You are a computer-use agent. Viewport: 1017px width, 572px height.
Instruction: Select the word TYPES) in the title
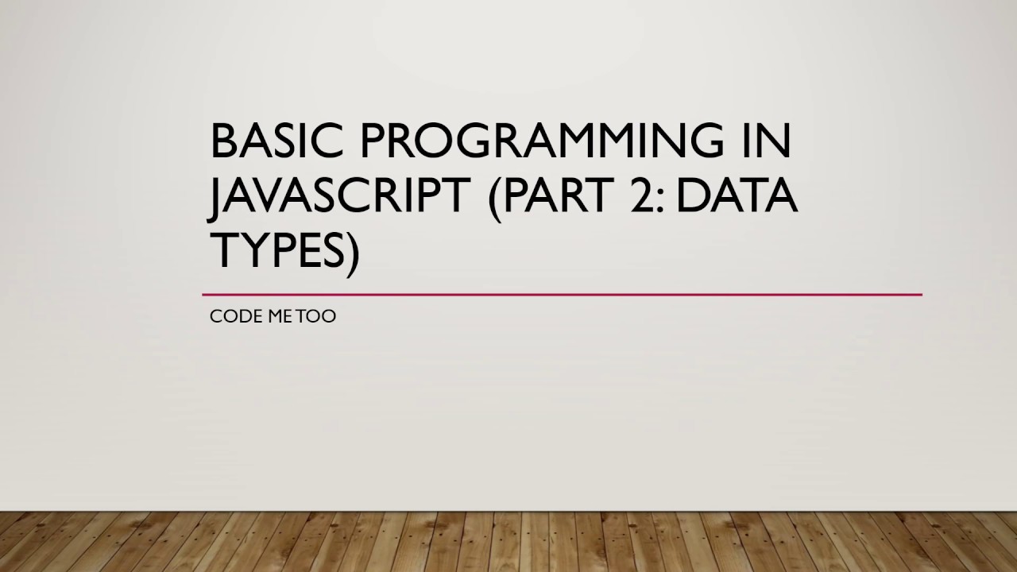pyautogui.click(x=284, y=249)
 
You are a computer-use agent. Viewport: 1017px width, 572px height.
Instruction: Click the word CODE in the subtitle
pyautogui.click(x=230, y=316)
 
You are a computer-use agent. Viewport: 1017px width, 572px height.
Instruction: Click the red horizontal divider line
pyautogui.click(x=562, y=295)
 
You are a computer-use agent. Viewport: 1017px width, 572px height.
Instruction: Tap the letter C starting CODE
pyautogui.click(x=215, y=316)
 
